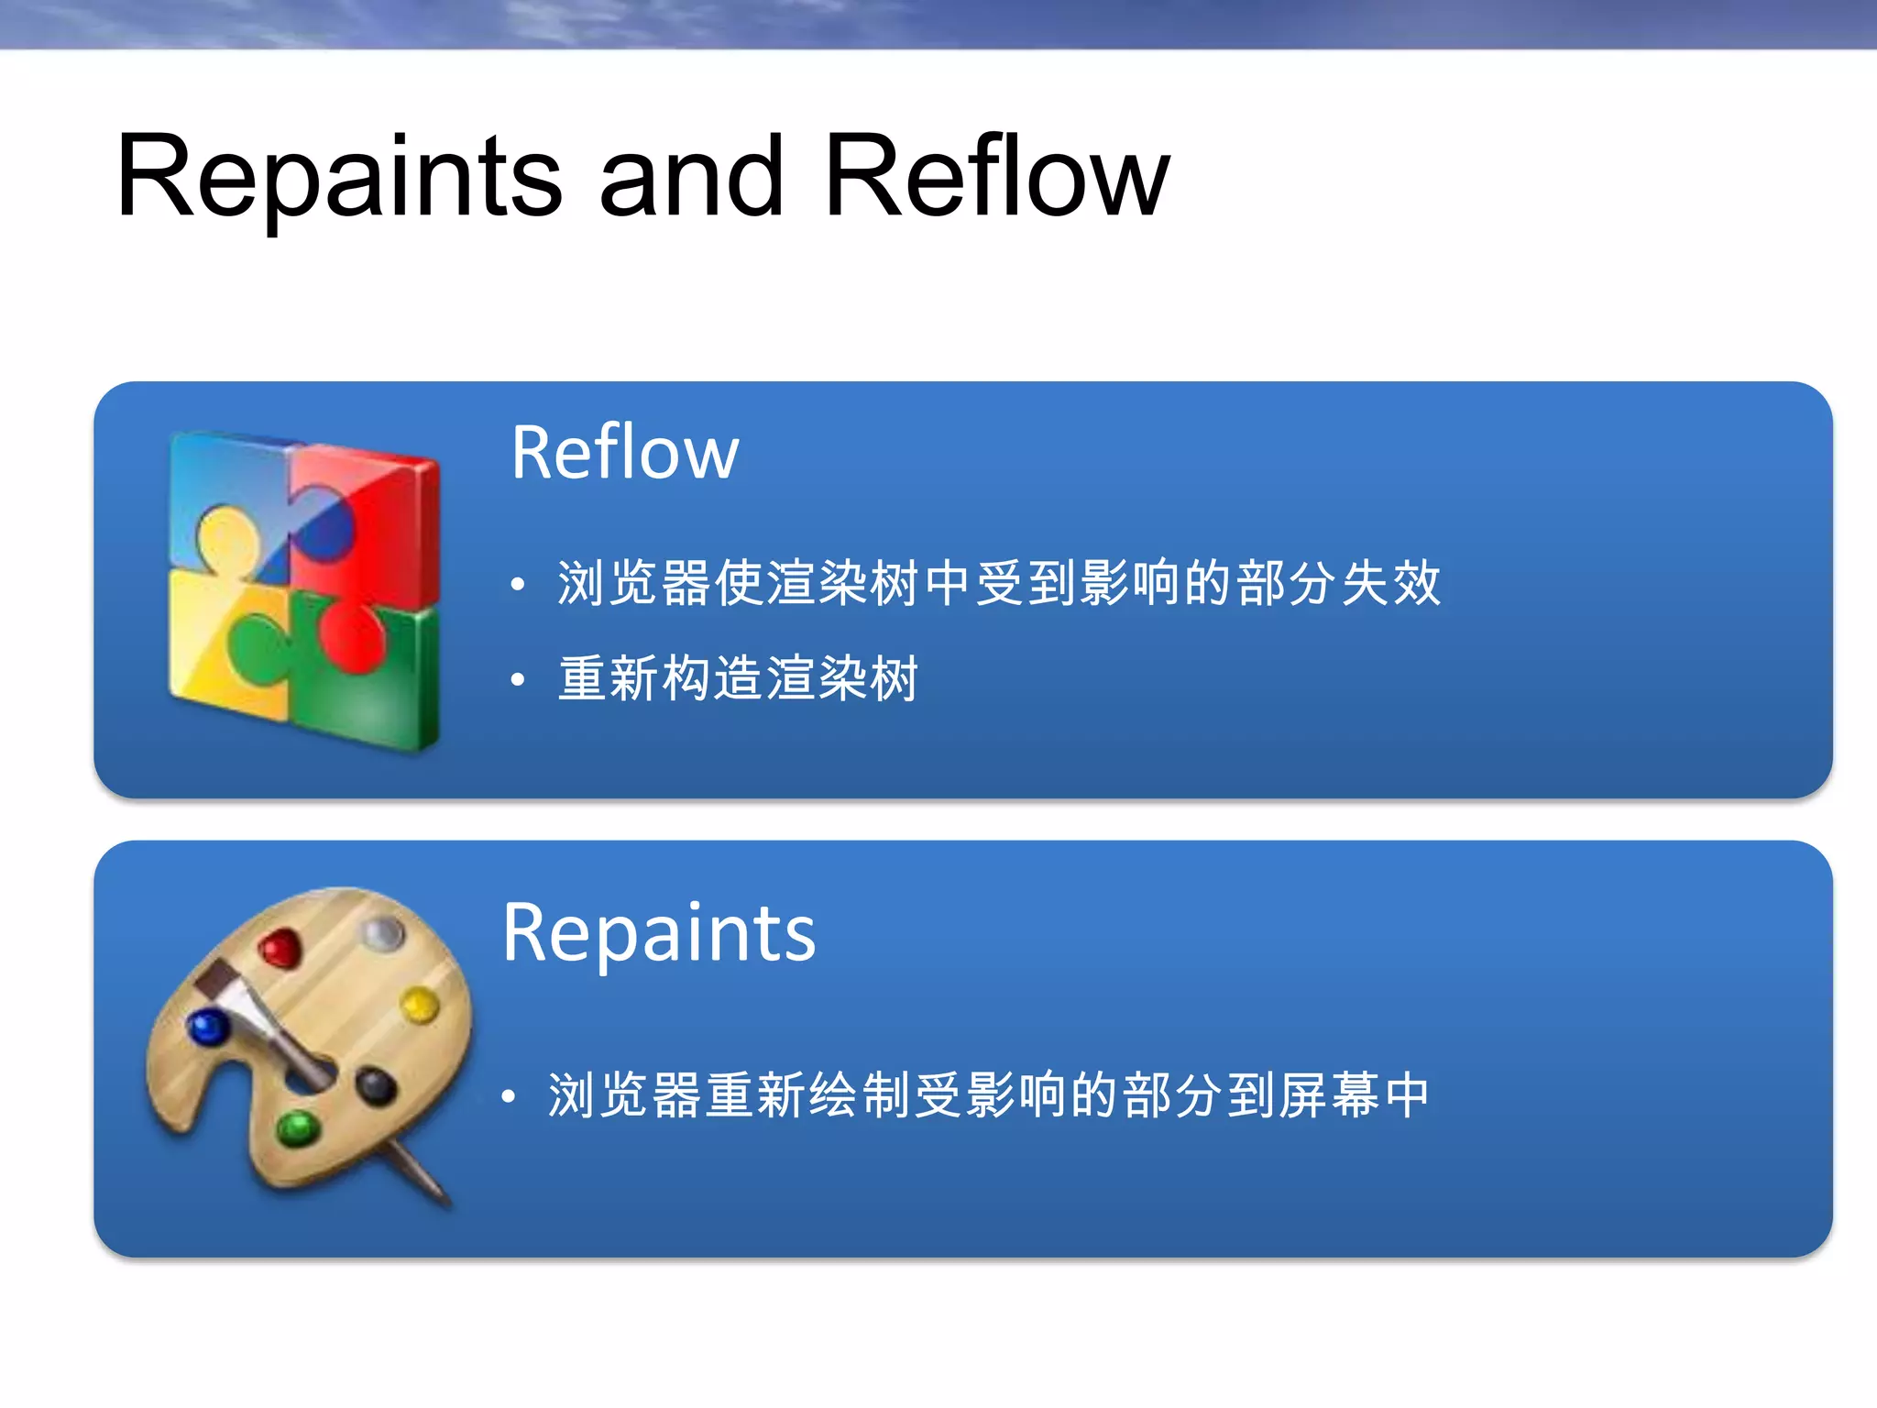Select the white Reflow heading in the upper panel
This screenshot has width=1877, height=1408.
[x=625, y=453]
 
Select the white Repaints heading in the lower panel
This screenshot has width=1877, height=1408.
[x=659, y=933]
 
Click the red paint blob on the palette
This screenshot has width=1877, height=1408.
[x=280, y=949]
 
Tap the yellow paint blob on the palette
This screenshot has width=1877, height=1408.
[x=420, y=1006]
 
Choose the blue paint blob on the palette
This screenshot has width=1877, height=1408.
[x=208, y=1028]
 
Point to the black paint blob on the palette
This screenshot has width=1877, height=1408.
[x=376, y=1086]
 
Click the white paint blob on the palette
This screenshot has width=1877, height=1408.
[x=382, y=934]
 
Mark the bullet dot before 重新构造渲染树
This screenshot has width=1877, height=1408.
[x=518, y=679]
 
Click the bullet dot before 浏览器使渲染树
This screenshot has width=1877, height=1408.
[x=518, y=584]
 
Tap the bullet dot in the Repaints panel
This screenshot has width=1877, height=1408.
[x=509, y=1095]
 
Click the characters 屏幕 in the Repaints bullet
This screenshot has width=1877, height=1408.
[x=1329, y=1095]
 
